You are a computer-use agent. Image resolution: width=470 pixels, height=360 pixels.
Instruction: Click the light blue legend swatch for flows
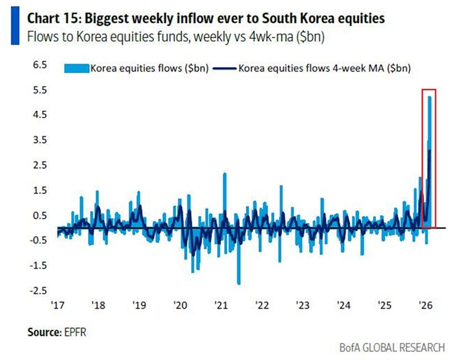click(x=77, y=68)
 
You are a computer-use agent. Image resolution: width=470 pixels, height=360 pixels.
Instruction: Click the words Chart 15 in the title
click(x=53, y=18)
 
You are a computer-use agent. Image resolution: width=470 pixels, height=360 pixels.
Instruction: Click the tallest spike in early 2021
click(x=224, y=174)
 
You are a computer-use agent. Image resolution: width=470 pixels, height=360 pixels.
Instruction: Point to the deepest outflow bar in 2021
click(x=238, y=283)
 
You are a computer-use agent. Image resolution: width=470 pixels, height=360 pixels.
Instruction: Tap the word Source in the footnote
click(x=42, y=332)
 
